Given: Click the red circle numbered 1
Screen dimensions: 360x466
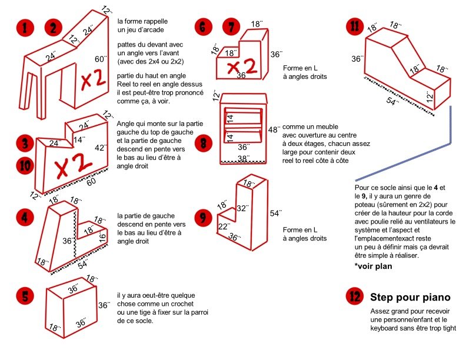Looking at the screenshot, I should pyautogui.click(x=24, y=28).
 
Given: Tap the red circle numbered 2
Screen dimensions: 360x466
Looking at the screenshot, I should pyautogui.click(x=53, y=28).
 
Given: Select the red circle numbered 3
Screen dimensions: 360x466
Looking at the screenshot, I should pyautogui.click(x=24, y=143).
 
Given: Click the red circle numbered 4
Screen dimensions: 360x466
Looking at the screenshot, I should pyautogui.click(x=24, y=216).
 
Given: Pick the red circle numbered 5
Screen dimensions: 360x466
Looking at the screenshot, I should pyautogui.click(x=24, y=296).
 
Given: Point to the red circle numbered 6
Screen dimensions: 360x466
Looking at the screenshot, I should pyautogui.click(x=203, y=27).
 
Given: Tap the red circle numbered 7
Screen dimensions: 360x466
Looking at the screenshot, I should pyautogui.click(x=231, y=27).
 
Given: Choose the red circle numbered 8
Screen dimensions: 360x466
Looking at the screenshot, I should pyautogui.click(x=203, y=142).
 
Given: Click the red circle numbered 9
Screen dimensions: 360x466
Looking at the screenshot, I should pyautogui.click(x=203, y=218).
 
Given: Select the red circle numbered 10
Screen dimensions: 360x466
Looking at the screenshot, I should pyautogui.click(x=24, y=166).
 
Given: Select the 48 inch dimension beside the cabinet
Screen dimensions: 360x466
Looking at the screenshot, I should pyautogui.click(x=274, y=129).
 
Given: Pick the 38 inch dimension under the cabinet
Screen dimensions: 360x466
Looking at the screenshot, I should pyautogui.click(x=243, y=158).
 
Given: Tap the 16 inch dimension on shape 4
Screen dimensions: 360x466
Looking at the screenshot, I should pyautogui.click(x=103, y=237).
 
